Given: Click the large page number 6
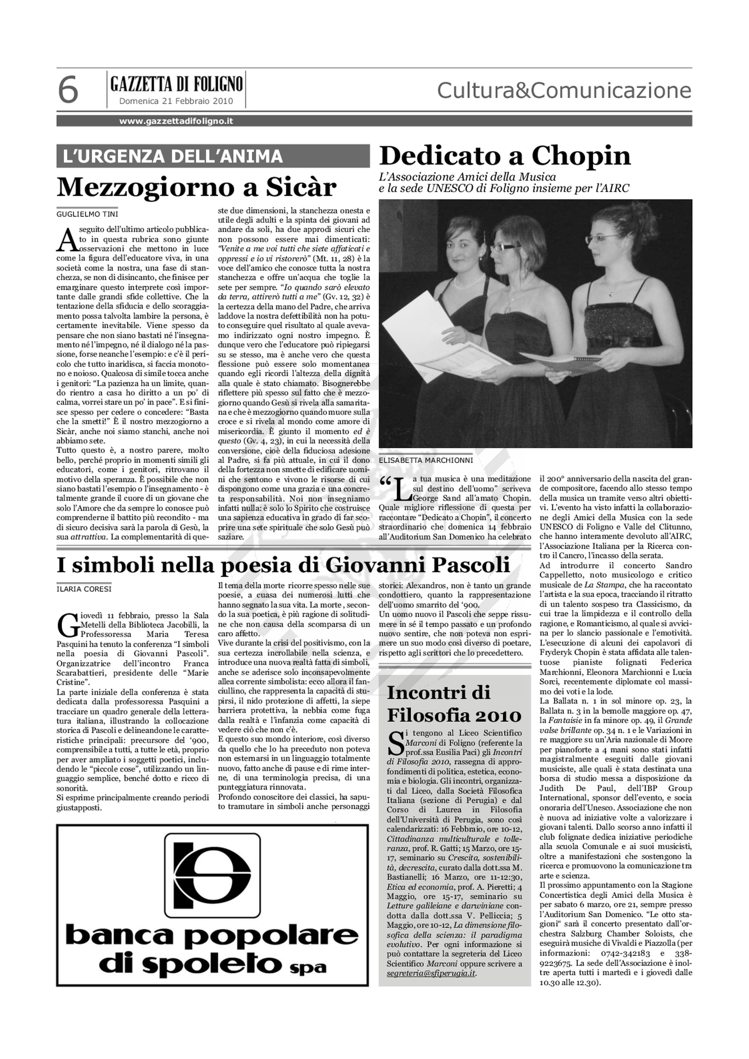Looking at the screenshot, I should (x=68, y=91).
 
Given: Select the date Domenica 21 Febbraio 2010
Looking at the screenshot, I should (x=176, y=101).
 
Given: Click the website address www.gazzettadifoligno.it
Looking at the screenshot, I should (x=176, y=121).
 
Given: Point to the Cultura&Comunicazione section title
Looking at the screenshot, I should (x=564, y=90).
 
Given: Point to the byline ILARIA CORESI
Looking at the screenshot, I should (x=84, y=589).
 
